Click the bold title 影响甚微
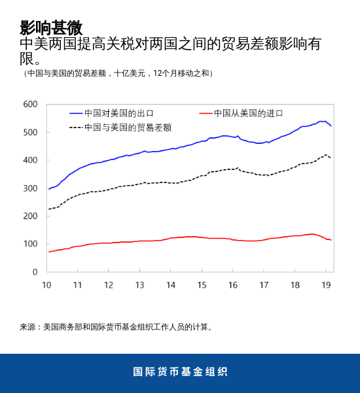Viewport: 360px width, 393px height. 51,27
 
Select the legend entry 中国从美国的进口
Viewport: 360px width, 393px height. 249,113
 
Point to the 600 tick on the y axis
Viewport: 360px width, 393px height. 30,105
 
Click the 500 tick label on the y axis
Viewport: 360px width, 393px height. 30,133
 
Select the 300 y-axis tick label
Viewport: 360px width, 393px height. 30,188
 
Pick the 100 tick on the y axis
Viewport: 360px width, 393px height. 30,244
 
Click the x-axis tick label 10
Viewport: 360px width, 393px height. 46,285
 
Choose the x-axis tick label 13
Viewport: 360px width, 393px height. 139,285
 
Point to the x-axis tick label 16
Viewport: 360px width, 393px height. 233,285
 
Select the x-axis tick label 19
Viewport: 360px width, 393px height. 326,285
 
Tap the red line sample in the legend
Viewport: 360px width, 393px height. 205,113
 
